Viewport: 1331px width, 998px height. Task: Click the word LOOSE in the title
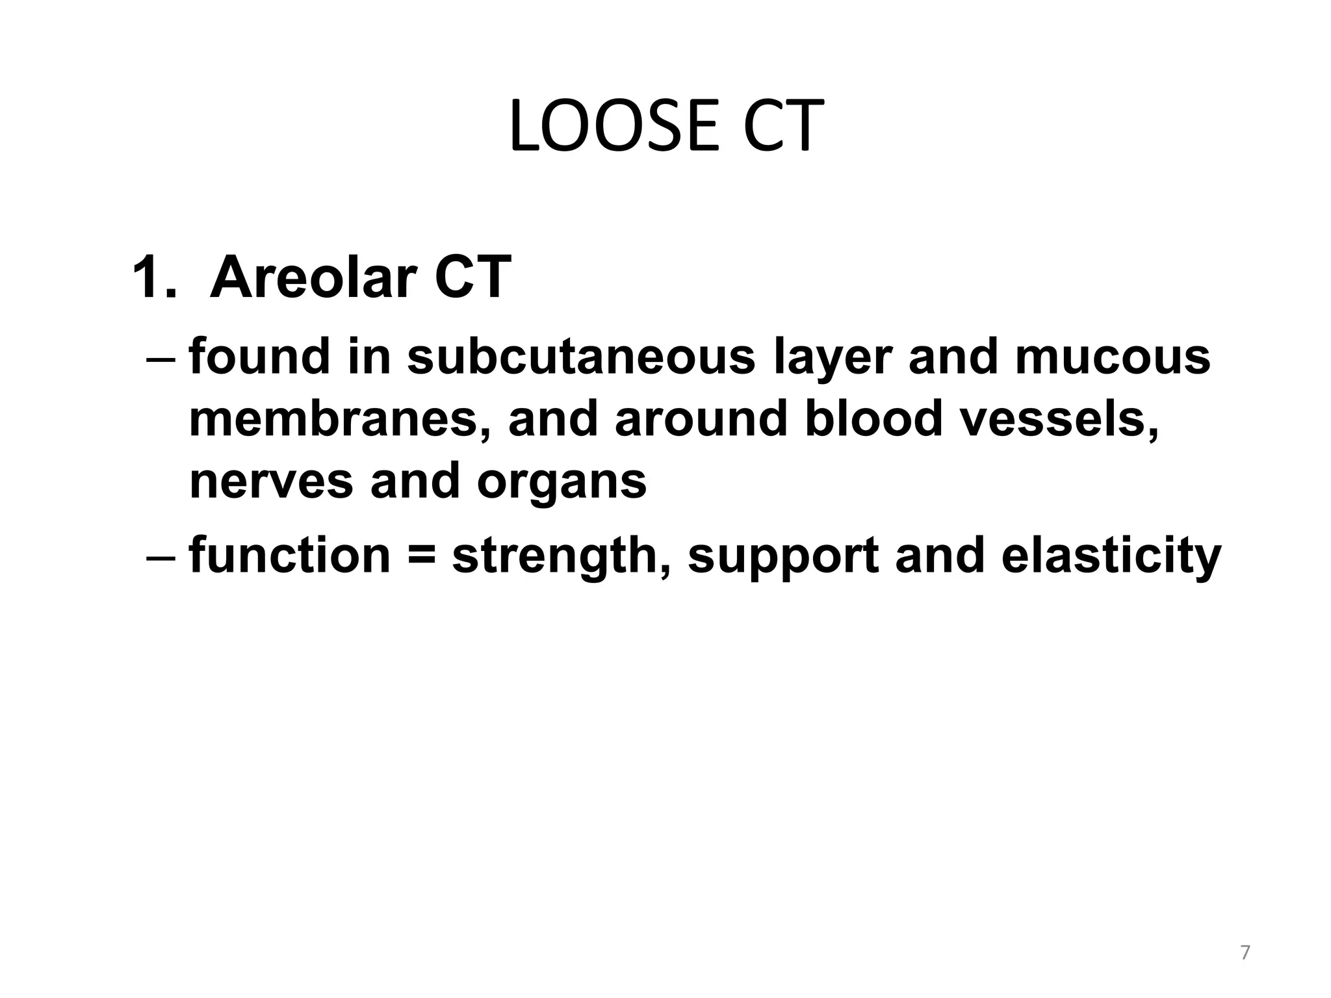(x=614, y=127)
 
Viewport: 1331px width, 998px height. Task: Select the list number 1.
(x=153, y=277)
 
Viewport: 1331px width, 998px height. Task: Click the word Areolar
(x=313, y=277)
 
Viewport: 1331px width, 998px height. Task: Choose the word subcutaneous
(x=582, y=357)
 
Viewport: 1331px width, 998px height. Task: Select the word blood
(x=874, y=419)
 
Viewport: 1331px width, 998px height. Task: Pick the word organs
(x=562, y=481)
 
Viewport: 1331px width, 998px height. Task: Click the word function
(x=290, y=556)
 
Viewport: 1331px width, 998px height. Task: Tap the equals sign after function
(x=422, y=556)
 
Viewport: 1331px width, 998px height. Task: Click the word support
(x=783, y=556)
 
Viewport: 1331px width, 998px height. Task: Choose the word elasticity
(x=1111, y=556)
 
